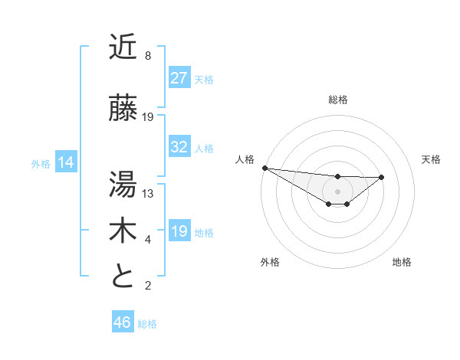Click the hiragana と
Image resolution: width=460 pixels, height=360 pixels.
tap(123, 277)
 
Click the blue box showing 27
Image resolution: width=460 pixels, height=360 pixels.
tap(179, 78)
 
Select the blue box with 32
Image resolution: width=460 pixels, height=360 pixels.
tap(179, 148)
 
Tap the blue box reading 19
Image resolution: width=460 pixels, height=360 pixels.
tap(179, 232)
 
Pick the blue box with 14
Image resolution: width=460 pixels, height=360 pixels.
tap(65, 162)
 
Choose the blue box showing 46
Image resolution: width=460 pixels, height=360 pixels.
tap(122, 322)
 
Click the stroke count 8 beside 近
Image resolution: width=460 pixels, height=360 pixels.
tap(147, 56)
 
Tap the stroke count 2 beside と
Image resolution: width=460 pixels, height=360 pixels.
tap(147, 286)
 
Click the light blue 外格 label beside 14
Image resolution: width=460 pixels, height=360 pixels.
tap(41, 163)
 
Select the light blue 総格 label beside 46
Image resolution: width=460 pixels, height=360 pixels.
tap(147, 324)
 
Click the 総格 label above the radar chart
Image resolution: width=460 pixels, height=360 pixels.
tap(337, 100)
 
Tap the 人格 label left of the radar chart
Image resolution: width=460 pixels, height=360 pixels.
tap(245, 159)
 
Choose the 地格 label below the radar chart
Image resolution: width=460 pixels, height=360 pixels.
tap(402, 262)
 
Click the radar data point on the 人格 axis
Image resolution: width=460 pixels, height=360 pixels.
tap(264, 168)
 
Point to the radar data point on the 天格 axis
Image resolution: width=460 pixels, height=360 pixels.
tap(382, 177)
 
